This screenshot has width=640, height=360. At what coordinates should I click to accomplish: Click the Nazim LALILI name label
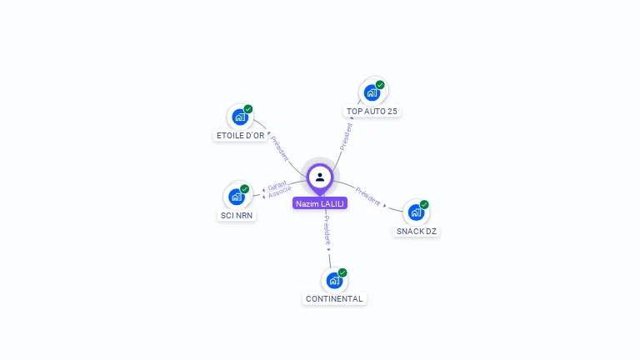(x=320, y=203)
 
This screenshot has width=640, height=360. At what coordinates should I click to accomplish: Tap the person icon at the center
(x=320, y=177)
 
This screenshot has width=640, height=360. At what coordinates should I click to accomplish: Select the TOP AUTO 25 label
(x=372, y=111)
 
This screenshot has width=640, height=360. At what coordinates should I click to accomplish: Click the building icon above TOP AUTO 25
(x=372, y=93)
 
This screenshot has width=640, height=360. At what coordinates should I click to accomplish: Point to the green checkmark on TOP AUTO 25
(x=380, y=85)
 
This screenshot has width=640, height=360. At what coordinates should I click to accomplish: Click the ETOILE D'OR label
(x=240, y=136)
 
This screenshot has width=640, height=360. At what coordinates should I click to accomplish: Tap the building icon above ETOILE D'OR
(x=240, y=117)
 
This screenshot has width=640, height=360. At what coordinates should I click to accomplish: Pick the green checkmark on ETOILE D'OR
(x=248, y=109)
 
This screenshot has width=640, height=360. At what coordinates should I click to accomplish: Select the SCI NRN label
(x=237, y=215)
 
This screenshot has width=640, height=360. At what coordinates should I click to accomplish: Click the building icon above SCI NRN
(x=237, y=197)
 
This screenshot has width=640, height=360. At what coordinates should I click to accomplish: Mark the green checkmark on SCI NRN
(x=244, y=189)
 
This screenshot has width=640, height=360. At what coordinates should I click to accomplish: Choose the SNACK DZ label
(x=417, y=231)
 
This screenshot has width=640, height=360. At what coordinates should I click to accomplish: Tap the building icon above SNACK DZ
(x=417, y=212)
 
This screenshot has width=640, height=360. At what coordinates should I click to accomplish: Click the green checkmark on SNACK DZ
(x=424, y=204)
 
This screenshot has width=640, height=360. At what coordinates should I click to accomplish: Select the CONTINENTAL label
(x=334, y=299)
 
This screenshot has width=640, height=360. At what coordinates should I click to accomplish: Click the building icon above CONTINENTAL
(x=334, y=281)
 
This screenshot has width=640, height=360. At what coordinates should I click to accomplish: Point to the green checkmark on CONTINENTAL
(x=342, y=272)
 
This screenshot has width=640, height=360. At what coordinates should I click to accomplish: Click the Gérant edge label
(x=277, y=186)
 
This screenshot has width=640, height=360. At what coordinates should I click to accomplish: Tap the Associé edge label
(x=280, y=192)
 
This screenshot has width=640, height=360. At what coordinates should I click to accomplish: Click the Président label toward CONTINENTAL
(x=327, y=230)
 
